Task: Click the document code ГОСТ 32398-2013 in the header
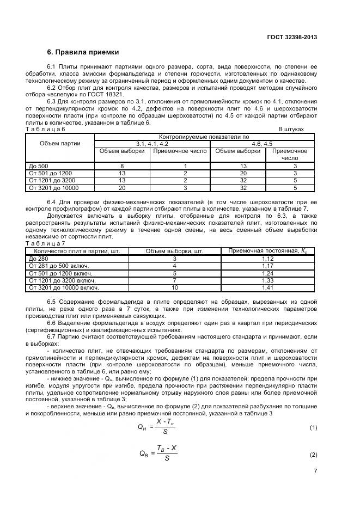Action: click(292, 38)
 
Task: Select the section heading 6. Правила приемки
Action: click(82, 53)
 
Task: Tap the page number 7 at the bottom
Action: click(315, 471)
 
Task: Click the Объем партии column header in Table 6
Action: click(60, 144)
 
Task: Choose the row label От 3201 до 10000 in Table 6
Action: click(54, 187)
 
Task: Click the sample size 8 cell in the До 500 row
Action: click(123, 166)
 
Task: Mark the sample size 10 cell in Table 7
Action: click(175, 287)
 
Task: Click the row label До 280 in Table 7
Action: click(38, 259)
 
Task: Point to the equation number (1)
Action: click(313, 428)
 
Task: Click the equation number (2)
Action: click(313, 454)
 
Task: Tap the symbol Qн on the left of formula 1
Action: click(144, 428)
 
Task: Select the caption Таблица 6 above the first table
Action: click(46, 130)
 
